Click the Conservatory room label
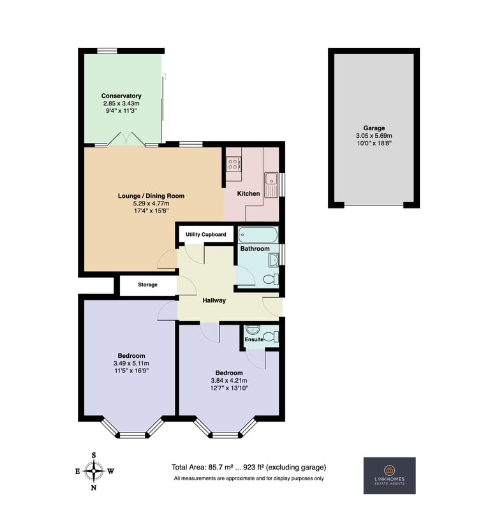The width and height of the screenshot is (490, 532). pos(121,96)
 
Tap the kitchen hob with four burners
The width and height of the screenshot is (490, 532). pos(233,164)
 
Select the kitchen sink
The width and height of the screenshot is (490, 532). pos(271,185)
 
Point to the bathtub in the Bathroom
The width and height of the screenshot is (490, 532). pos(258,235)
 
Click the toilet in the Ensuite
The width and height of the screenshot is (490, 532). pos(271,337)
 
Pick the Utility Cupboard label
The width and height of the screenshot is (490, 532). pos(205,235)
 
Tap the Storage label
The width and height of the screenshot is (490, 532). pos(147,284)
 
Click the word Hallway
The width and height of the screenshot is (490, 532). pos(214,300)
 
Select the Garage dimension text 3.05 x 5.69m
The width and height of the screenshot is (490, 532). pos(374,136)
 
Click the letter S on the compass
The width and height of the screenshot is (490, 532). pos(94,455)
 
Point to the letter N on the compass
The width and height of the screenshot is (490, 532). pos(94,487)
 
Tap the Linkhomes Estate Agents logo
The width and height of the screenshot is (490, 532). pos(390,475)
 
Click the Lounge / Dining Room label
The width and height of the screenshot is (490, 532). pos(151,196)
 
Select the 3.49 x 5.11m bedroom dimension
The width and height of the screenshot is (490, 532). pos(131,364)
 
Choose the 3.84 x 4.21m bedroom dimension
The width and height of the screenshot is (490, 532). pos(229,381)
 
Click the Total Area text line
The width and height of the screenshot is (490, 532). pos(249,467)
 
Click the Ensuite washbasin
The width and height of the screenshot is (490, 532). pos(252,329)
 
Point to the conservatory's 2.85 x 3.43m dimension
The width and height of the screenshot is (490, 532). pos(121,103)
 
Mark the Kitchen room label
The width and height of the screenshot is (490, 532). pos(248,193)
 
